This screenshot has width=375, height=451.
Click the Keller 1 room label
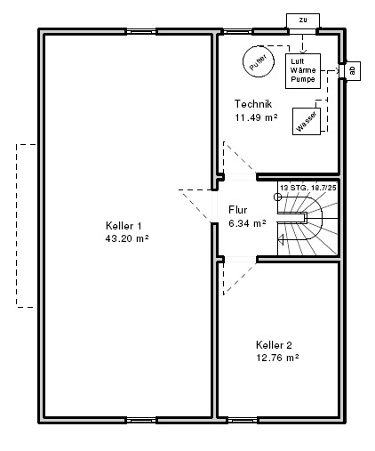point(124,226)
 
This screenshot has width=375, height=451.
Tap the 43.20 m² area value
point(127,238)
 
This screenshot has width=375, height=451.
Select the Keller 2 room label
point(274,345)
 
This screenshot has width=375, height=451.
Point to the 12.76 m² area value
point(277,358)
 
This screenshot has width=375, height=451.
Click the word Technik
point(253,104)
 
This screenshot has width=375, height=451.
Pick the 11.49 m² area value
point(256,117)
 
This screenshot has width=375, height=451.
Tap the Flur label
point(238,210)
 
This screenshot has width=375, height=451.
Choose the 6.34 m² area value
point(247,223)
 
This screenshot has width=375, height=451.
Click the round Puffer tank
point(259,62)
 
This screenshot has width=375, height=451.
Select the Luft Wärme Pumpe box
point(303,71)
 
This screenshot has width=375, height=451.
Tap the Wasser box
point(307,121)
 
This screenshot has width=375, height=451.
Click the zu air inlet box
point(303,20)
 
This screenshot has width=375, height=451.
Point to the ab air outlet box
point(353,71)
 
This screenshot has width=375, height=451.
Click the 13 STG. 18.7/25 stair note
point(308,188)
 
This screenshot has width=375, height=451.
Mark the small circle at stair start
point(277,197)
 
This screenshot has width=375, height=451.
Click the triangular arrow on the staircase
point(281,239)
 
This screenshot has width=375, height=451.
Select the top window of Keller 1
point(141,31)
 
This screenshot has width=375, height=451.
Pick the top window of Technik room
point(237,31)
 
